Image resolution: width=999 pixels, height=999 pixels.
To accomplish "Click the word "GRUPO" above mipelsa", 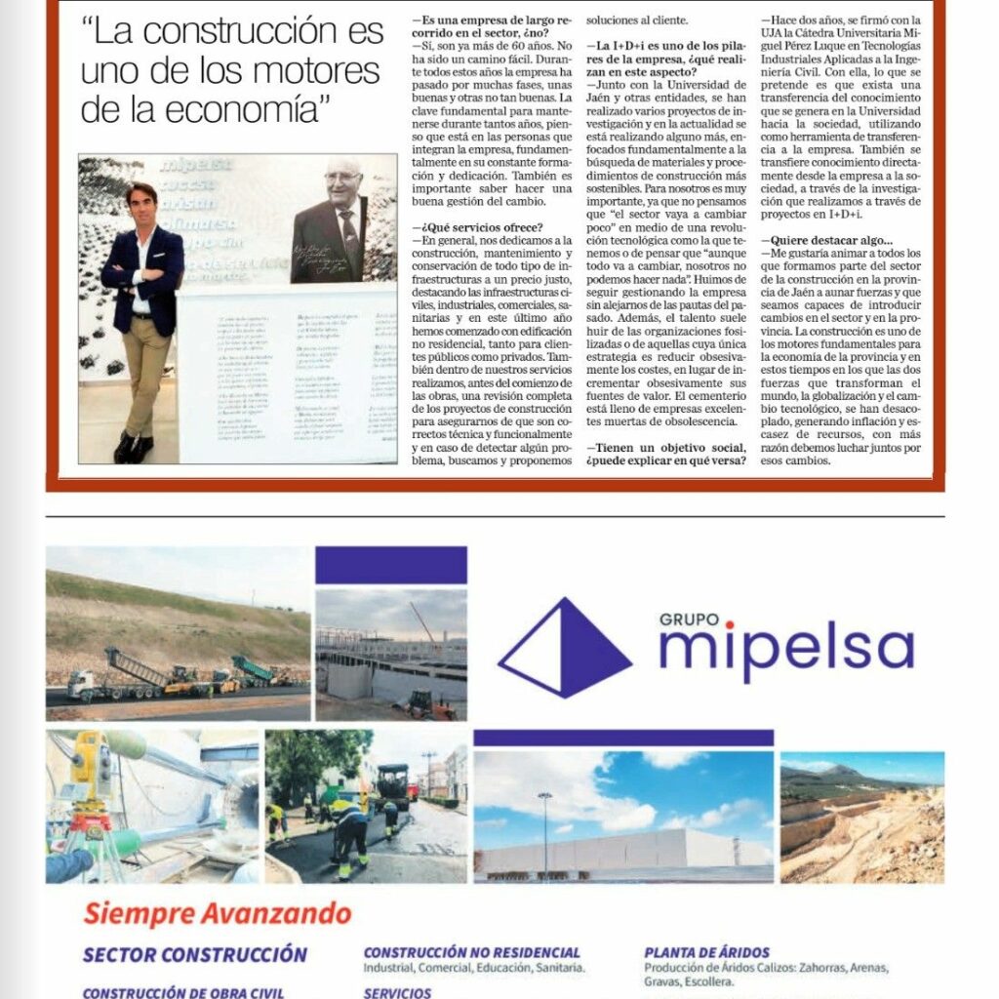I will (x=689, y=619).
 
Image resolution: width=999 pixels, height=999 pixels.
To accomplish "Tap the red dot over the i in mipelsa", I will (x=729, y=625).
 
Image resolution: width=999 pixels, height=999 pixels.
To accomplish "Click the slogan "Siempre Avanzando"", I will (x=217, y=914).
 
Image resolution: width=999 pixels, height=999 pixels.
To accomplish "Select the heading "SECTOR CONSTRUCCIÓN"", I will (x=195, y=954).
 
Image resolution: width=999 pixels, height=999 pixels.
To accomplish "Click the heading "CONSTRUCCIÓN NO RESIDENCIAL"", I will (x=471, y=951).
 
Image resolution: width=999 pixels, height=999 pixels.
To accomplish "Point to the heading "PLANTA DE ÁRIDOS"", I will (x=706, y=951).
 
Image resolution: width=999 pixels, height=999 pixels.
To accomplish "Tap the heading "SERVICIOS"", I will (x=397, y=992).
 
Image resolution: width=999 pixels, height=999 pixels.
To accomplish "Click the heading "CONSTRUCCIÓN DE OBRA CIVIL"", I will (x=183, y=992).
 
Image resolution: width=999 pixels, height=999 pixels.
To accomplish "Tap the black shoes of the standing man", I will (x=133, y=448).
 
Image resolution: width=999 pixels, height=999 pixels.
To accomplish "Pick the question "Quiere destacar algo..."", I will (x=830, y=240).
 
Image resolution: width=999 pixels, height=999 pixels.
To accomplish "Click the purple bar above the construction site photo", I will (x=390, y=566).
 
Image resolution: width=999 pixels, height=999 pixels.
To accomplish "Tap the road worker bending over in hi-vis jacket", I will (x=348, y=824).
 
